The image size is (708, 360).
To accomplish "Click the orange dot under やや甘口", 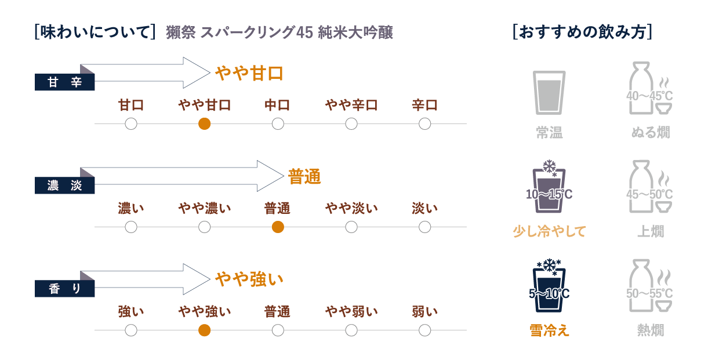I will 204,123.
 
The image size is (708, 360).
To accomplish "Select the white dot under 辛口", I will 425,123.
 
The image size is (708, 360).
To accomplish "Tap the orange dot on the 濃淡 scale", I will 278,227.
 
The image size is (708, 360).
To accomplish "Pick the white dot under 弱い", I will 425,330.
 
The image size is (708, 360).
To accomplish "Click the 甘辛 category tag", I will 64,82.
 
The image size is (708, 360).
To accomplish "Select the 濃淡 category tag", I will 64,186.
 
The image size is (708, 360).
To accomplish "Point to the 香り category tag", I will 64,288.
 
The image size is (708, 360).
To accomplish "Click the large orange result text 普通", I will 304,177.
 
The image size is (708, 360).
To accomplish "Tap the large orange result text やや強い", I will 249,279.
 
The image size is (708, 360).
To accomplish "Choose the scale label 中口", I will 278,106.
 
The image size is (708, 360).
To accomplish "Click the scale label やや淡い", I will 351,209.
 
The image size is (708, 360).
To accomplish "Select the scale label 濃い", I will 131,209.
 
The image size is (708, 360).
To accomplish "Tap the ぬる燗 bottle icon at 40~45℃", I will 649,90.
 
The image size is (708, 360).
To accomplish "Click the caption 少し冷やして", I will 549,231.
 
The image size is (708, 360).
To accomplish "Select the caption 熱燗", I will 650,330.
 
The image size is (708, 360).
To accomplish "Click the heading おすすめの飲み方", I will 582,32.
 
